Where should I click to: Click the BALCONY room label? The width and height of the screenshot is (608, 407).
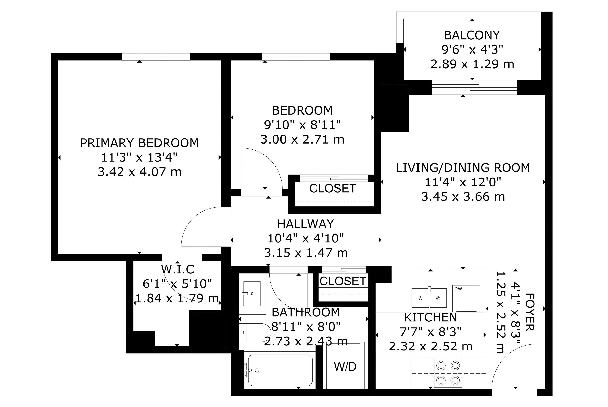point(472,35)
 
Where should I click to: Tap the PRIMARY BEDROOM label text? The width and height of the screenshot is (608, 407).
point(139,143)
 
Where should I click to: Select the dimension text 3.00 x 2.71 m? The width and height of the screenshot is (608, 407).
point(302,140)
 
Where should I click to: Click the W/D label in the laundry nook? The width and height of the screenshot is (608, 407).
point(345,366)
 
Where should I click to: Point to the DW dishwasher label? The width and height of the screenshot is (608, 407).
point(458,289)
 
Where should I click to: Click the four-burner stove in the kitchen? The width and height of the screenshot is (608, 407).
point(448,373)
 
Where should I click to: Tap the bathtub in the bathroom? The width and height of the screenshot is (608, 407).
point(280,370)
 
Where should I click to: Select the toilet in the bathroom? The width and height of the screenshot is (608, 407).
point(255,332)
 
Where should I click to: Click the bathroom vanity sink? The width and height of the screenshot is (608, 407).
point(252,293)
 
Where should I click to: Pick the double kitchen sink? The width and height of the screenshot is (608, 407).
point(429,298)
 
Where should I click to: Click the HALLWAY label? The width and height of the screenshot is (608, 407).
point(305,224)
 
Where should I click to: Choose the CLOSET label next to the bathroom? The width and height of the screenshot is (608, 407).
point(343,281)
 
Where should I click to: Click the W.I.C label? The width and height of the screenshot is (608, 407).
point(178,269)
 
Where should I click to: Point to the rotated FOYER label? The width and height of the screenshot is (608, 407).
point(530,312)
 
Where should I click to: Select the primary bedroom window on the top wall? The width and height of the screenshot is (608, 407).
point(156,57)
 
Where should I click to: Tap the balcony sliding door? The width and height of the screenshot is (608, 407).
point(474,88)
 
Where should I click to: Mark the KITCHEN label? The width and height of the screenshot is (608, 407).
point(430,317)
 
